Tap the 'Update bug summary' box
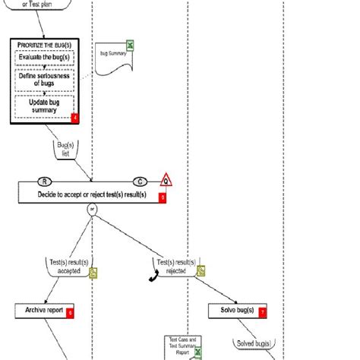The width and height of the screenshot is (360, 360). click(45, 106)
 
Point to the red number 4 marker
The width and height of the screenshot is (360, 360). click(74, 118)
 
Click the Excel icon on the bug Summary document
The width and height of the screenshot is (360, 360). click(130, 46)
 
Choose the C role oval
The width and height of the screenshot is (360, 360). click(141, 181)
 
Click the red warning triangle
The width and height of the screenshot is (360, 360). click(166, 180)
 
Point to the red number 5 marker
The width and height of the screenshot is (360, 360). click(162, 197)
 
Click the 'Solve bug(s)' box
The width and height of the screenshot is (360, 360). click(232, 311)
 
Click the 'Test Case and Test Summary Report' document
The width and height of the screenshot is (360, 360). click(181, 346)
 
